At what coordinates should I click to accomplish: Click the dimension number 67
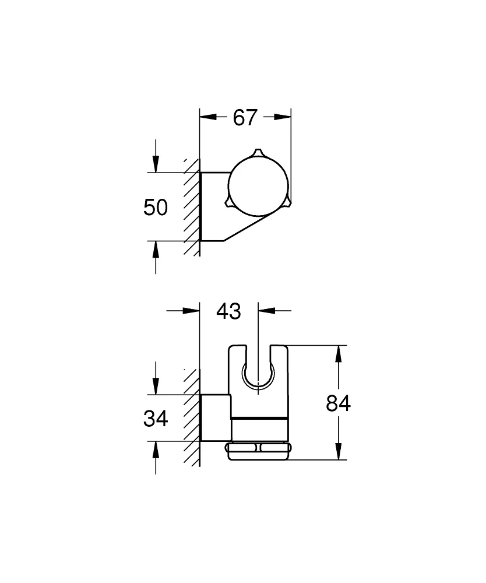[245, 117]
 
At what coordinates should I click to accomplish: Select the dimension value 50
[156, 207]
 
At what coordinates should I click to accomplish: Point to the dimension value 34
[156, 418]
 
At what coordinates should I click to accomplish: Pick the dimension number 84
[338, 403]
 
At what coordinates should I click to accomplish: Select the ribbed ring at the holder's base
[257, 451]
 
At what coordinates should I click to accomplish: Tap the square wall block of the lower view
[216, 417]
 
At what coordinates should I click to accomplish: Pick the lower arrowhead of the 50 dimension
[156, 248]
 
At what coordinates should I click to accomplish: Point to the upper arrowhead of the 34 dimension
[156, 387]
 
